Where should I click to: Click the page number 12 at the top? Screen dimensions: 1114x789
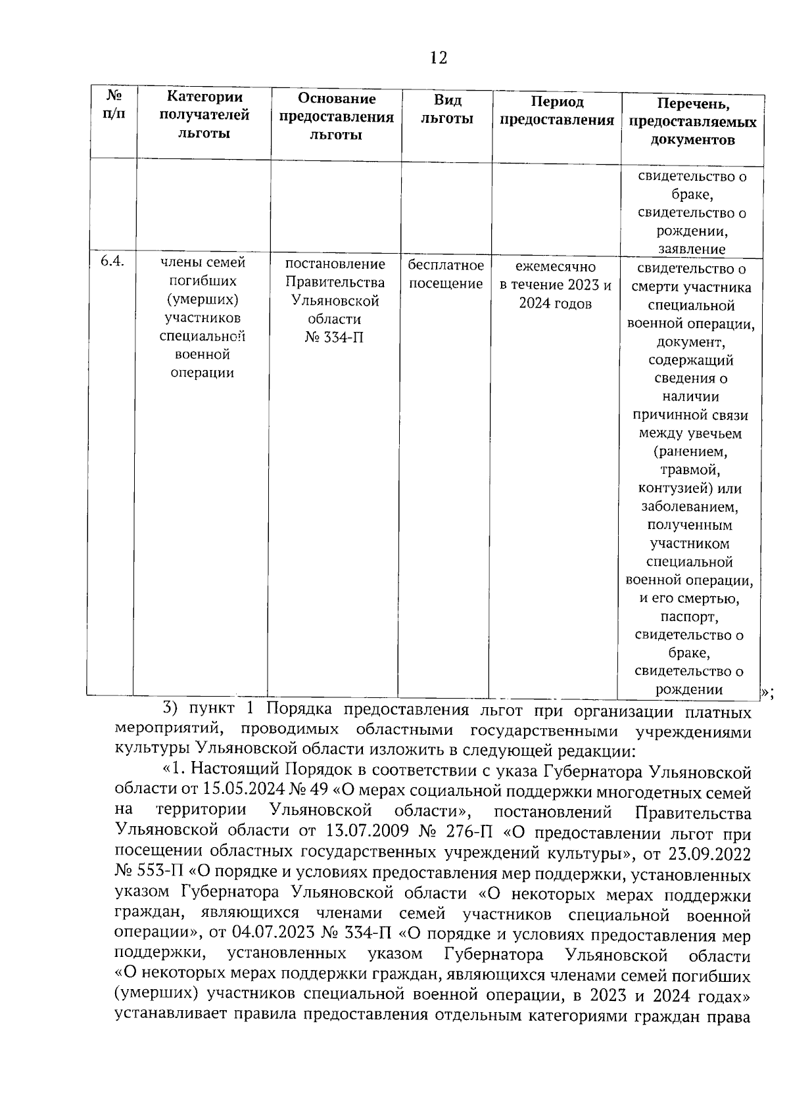[x=439, y=58]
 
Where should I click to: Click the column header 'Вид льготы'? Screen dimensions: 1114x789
[x=447, y=109]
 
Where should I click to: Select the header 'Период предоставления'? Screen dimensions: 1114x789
[x=556, y=110]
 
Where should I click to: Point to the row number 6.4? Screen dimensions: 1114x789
[x=113, y=262]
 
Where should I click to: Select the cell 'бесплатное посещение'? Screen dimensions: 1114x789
[x=446, y=274]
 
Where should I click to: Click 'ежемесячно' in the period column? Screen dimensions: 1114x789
[x=555, y=267]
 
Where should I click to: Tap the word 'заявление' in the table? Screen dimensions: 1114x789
[x=691, y=249]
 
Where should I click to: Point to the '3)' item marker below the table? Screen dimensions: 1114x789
[x=170, y=708]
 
